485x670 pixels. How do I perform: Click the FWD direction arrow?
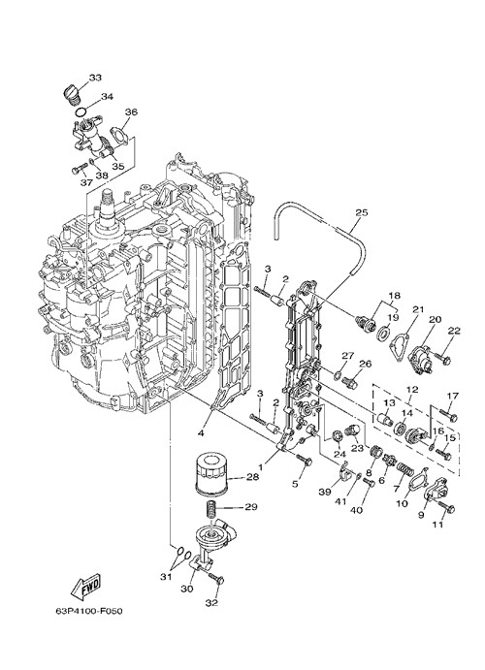click(85, 585)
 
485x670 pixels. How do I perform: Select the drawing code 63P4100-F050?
click(89, 611)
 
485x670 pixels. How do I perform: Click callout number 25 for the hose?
click(361, 212)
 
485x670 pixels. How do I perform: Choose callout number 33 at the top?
click(95, 78)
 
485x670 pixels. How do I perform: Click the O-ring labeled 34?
click(80, 112)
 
